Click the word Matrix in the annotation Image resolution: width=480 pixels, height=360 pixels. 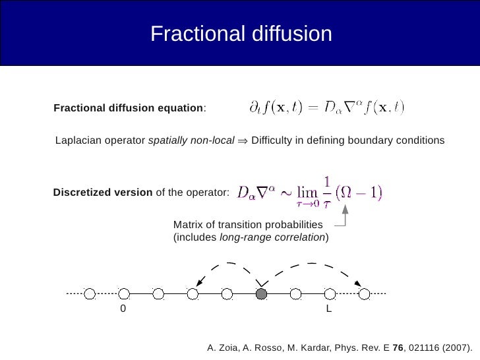(x=187, y=225)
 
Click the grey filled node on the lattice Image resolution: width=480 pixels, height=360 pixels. (x=261, y=293)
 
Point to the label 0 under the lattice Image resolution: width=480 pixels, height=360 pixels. (x=123, y=309)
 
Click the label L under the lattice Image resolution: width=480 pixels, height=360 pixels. (x=329, y=309)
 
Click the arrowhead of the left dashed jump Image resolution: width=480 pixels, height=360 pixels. (x=198, y=282)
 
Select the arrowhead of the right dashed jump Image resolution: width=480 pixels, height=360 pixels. (x=358, y=284)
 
